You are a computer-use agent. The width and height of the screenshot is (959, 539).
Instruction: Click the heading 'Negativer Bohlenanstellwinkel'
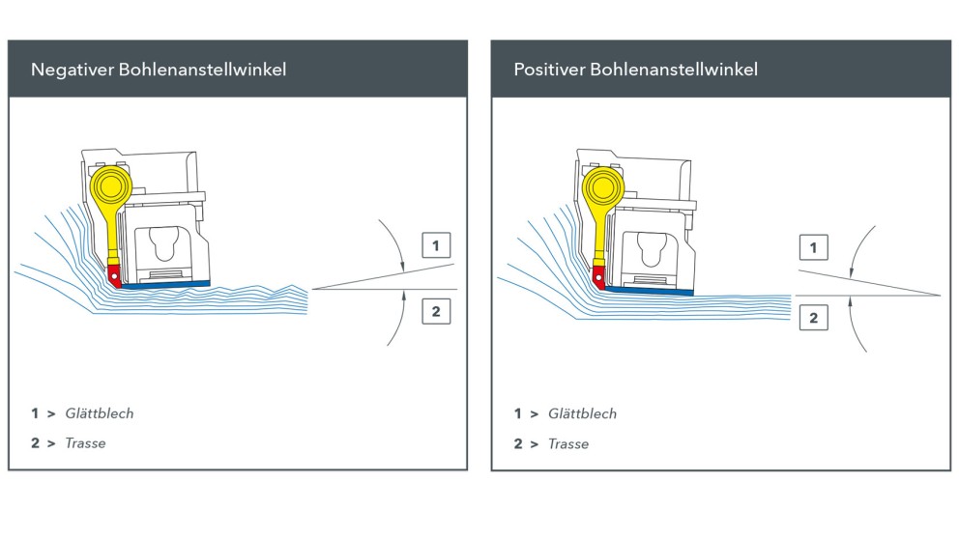pyautogui.click(x=159, y=70)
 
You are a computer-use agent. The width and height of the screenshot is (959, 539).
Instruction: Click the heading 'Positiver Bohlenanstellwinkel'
pyautogui.click(x=635, y=70)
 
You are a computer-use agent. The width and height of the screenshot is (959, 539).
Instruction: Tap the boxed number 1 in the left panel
pyautogui.click(x=436, y=246)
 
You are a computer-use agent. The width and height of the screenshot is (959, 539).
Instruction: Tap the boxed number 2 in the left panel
pyautogui.click(x=436, y=311)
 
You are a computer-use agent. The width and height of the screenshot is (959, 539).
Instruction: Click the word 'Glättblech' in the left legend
pyautogui.click(x=100, y=413)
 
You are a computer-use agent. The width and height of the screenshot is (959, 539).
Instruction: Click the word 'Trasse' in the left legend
pyautogui.click(x=85, y=443)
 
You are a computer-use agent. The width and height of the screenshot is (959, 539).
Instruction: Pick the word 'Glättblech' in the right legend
pyautogui.click(x=582, y=413)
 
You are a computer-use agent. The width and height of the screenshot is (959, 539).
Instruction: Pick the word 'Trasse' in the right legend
pyautogui.click(x=568, y=443)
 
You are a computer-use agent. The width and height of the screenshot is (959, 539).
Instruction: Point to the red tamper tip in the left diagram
pyautogui.click(x=116, y=277)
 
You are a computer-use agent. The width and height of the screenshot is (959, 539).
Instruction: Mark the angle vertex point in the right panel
pyautogui.click(x=940, y=295)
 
